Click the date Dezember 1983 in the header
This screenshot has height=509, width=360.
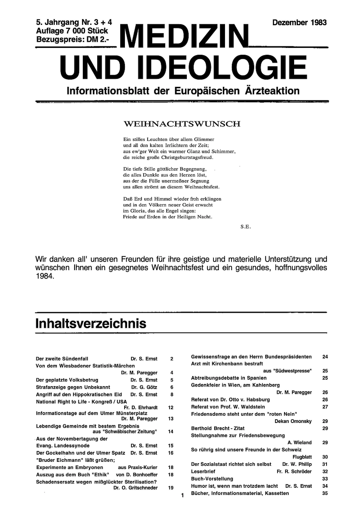(299, 23)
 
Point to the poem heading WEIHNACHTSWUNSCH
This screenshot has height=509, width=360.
(182, 124)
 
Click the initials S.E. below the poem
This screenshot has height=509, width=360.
(245, 227)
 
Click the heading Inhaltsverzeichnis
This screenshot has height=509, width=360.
(91, 323)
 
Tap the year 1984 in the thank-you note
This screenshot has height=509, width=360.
(45, 277)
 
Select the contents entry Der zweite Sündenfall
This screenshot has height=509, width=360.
(62, 359)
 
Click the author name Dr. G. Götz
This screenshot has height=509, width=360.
(144, 387)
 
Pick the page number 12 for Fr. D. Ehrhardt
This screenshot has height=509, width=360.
(171, 407)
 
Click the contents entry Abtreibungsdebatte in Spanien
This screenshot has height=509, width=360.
(229, 378)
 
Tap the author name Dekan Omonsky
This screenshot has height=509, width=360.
(293, 421)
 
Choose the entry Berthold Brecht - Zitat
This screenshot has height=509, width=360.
(217, 428)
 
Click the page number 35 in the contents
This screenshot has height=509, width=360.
(325, 493)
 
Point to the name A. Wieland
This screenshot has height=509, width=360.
(300, 442)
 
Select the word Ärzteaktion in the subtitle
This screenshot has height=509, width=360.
(272, 91)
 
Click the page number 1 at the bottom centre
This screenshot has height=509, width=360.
(183, 496)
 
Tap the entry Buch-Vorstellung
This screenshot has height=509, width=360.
(212, 479)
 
